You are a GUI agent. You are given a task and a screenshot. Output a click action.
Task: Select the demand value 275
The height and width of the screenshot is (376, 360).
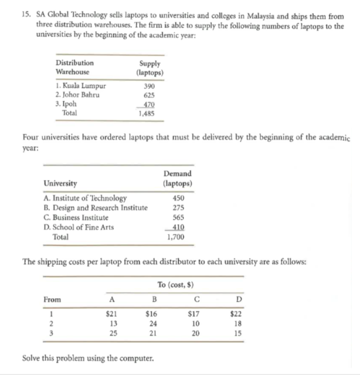click(177, 208)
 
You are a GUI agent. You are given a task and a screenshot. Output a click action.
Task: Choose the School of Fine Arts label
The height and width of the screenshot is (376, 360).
click(81, 227)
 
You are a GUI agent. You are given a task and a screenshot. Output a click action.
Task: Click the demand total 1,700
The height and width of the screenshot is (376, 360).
click(176, 237)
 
